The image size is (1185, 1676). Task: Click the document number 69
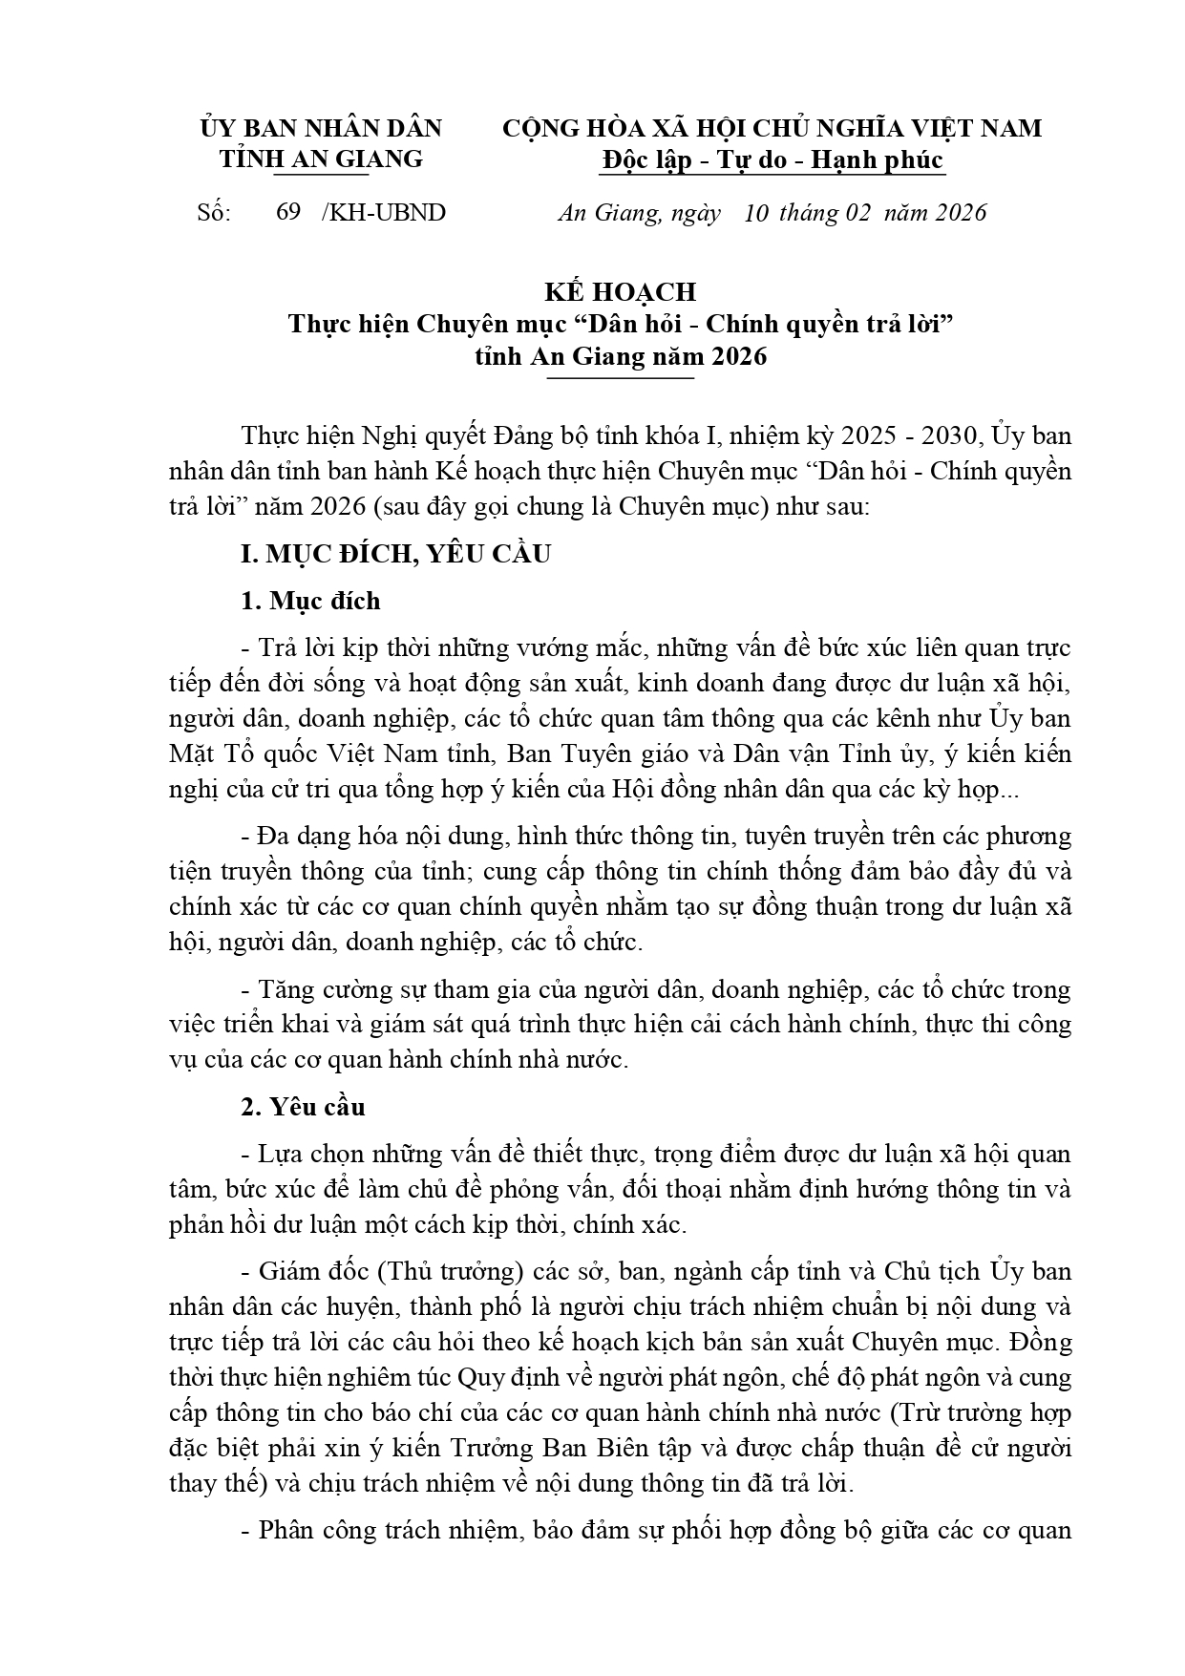[x=288, y=213]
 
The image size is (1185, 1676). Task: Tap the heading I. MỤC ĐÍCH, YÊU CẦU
[x=395, y=554]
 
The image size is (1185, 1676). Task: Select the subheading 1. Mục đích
[x=310, y=602]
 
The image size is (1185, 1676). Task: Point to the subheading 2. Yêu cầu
[x=303, y=1108]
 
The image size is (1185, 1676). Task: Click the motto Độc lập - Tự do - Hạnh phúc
[x=772, y=160]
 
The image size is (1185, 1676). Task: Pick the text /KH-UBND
[x=384, y=213]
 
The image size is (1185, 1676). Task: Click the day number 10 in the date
[x=755, y=213]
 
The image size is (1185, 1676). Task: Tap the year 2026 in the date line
[x=961, y=213]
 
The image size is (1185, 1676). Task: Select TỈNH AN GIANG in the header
[x=321, y=159]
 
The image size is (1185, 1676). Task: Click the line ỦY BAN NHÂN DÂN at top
[x=321, y=129]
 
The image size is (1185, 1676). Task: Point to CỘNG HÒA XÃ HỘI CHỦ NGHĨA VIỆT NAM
[x=772, y=129]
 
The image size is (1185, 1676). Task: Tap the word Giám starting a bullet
[x=286, y=1272]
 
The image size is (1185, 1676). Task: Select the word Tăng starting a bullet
[x=286, y=989]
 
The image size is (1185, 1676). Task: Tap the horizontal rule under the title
[x=622, y=379]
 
